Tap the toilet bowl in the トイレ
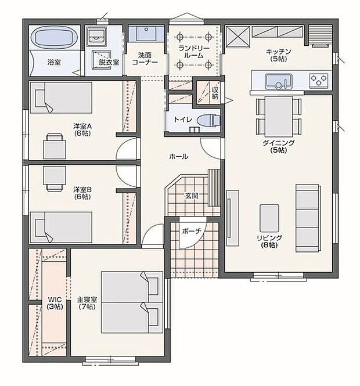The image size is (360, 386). tap(208, 121)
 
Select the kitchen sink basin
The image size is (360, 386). tap(279, 81)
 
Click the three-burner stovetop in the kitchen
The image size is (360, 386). tap(319, 81)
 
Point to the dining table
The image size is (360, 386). tap(279, 117)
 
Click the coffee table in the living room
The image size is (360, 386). tap(269, 218)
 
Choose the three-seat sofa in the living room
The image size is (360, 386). tap(308, 218)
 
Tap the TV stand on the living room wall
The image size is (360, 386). tap(232, 218)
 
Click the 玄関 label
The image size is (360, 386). tap(192, 196)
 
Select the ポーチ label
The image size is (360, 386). tap(192, 231)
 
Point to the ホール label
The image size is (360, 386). tap(179, 156)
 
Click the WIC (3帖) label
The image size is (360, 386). tap(55, 303)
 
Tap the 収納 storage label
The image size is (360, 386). tap(215, 93)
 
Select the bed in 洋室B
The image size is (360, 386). tap(61, 228)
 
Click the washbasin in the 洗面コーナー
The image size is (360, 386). tap(146, 34)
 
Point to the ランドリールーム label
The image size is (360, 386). tap(194, 52)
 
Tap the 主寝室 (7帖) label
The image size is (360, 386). tap(87, 303)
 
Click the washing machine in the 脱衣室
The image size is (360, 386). tap(97, 35)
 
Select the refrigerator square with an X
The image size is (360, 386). tap(238, 37)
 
